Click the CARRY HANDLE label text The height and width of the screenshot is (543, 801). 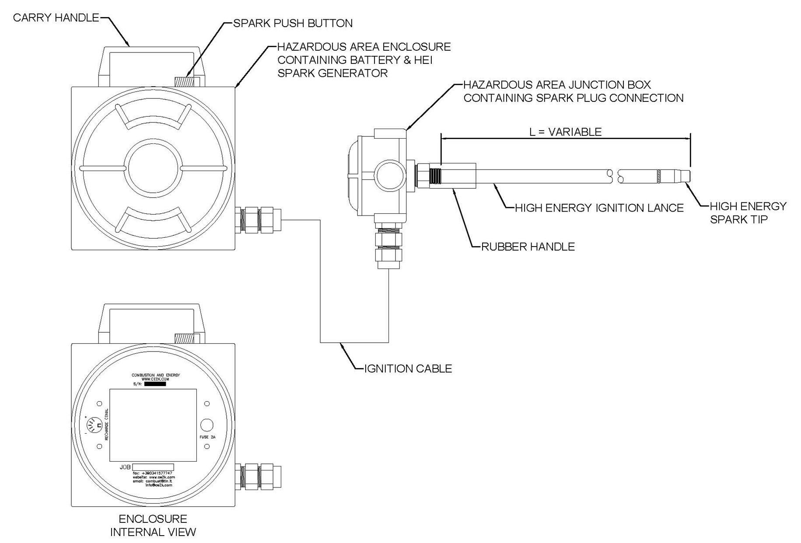56,18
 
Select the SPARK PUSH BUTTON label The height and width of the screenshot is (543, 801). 293,23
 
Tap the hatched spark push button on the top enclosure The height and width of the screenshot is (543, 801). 184,82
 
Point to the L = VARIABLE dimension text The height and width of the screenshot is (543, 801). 565,132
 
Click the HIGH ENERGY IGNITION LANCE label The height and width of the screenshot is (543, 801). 599,208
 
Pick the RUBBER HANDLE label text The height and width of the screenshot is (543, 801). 528,247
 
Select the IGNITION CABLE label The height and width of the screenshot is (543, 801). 408,369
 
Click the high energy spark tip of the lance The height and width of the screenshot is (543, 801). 675,176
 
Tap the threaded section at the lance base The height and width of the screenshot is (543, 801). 435,176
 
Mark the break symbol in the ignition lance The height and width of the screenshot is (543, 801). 616,176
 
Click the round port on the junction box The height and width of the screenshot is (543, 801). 389,175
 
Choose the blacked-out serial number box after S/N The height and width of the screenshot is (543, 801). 155,384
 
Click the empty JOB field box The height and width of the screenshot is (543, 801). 153,467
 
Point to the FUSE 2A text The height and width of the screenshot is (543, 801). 207,437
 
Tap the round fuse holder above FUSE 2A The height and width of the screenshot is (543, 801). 206,425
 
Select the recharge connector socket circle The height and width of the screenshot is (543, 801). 91,425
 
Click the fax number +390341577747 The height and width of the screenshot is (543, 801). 157,473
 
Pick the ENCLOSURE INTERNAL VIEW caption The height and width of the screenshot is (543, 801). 153,526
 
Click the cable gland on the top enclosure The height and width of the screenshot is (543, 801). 258,220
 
